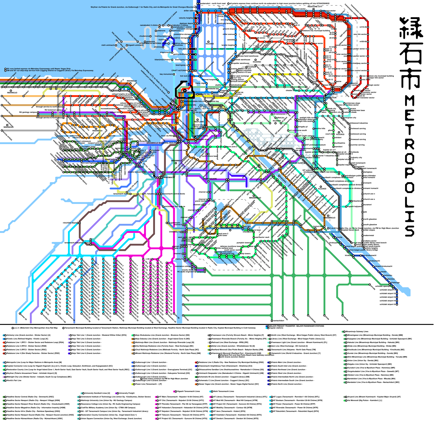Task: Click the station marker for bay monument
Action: pos(174,74)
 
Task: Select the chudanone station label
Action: pos(144,36)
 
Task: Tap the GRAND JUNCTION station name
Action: pos(185,93)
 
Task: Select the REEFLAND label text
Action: pos(199,122)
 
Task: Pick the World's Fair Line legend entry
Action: pos(14,380)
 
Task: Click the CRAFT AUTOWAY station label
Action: pos(179,70)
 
